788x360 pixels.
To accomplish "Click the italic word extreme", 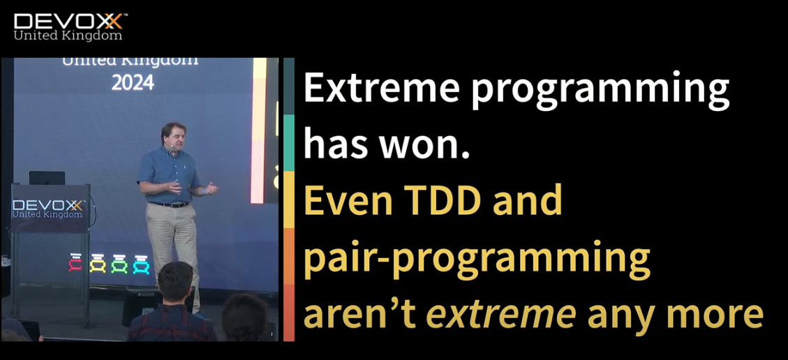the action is pos(500,314).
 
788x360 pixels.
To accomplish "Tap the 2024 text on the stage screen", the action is pos(133,82).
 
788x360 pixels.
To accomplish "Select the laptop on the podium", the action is pos(47,178).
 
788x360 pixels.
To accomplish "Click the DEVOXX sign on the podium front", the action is pos(48,209).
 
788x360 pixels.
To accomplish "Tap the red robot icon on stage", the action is pos(75,263).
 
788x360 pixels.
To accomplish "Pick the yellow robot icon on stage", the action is pos(98,264).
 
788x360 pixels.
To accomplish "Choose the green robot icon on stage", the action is pos(119,264).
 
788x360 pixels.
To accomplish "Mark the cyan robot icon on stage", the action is pos(141,264).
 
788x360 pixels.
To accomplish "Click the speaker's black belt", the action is pos(170,204).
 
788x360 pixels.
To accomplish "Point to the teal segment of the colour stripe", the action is pos(289,142).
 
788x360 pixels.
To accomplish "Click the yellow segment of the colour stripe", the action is pos(289,200).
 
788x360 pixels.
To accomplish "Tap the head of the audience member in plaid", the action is pos(175,282).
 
